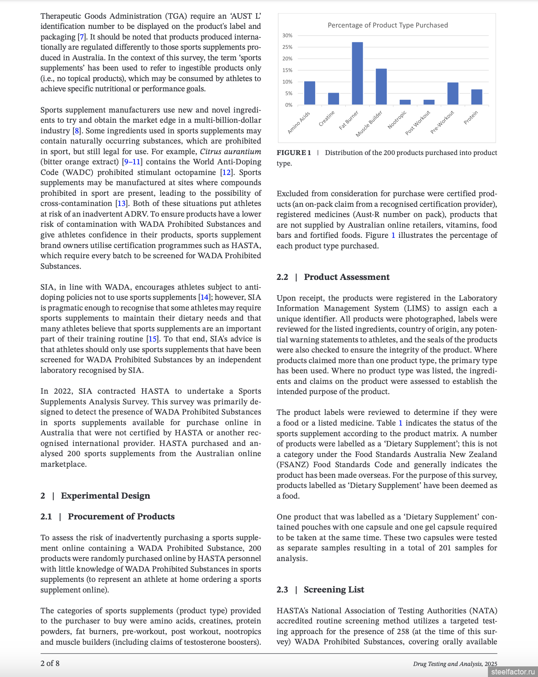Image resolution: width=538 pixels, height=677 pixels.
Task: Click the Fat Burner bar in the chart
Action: coord(357,73)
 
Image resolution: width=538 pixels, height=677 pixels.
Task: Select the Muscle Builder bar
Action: coord(381,87)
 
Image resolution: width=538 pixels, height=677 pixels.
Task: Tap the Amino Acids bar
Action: coord(310,93)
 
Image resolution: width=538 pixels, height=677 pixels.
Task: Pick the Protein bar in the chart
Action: coord(476,97)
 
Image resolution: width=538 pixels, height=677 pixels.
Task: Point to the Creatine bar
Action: coord(333,99)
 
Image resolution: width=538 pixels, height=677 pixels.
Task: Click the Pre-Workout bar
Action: coord(453,93)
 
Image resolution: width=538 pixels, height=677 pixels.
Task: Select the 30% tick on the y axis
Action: coord(287,36)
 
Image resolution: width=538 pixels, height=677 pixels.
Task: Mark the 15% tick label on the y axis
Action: coord(287,70)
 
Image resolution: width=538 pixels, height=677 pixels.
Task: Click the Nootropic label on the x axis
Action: coord(397,120)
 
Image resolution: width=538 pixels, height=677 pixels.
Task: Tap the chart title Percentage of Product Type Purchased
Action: coord(387,25)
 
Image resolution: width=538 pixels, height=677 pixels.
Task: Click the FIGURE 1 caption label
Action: coord(294,153)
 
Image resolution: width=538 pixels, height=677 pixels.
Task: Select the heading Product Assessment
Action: coord(347,277)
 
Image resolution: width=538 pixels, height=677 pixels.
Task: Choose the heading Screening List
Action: coord(334,590)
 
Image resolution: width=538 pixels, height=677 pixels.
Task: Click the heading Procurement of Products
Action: coord(121,516)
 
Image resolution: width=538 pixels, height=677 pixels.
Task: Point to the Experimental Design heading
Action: coord(105,496)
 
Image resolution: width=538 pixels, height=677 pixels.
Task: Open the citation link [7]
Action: coord(82,37)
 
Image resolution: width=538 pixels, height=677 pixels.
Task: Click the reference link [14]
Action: coord(205,297)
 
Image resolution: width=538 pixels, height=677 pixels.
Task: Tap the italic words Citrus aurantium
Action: coord(230,152)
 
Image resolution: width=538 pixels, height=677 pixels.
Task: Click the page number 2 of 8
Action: coord(50,663)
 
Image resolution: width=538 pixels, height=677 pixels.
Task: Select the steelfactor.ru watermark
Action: coord(513,671)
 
